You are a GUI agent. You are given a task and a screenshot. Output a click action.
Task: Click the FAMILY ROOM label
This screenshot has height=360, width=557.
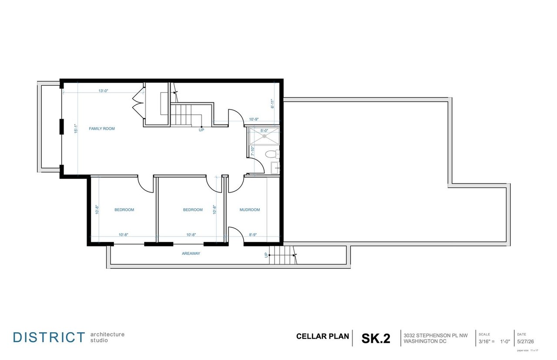click(102, 129)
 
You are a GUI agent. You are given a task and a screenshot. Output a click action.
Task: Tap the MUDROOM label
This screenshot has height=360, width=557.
click(250, 210)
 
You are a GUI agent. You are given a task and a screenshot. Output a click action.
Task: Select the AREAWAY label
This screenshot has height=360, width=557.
click(191, 253)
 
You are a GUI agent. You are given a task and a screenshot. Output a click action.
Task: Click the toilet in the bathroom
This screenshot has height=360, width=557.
click(272, 154)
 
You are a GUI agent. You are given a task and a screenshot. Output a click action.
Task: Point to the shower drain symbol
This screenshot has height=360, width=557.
click(264, 136)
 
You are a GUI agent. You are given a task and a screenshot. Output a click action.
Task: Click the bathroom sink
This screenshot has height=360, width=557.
click(275, 168)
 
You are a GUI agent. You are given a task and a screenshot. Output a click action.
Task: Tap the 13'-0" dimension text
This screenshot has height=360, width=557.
click(103, 91)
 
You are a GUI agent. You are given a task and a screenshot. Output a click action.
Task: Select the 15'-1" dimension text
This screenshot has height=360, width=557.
click(76, 129)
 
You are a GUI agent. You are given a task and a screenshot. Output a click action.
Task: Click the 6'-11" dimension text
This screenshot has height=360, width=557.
click(272, 104)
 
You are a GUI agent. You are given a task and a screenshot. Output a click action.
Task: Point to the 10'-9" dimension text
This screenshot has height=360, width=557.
click(254, 119)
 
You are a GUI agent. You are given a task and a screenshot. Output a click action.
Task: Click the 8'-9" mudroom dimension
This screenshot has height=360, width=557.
click(253, 235)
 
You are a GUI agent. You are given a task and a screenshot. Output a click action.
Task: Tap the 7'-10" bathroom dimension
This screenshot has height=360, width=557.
click(252, 151)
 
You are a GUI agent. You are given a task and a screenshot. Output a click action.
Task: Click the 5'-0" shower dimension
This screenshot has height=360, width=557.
click(264, 131)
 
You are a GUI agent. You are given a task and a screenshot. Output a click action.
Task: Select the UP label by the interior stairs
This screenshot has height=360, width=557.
click(201, 130)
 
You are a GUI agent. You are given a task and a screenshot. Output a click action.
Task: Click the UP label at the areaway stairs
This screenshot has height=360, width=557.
click(266, 255)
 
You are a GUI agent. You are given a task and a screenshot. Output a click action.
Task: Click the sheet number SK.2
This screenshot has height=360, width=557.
click(376, 338)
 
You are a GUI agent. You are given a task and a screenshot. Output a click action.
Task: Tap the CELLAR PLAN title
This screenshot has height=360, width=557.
click(322, 337)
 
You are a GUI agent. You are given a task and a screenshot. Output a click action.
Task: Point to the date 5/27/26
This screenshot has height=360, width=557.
click(525, 342)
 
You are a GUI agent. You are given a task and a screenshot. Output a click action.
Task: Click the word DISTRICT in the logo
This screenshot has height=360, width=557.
click(49, 337)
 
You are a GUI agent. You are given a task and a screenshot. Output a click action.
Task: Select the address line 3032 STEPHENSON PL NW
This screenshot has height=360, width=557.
click(436, 336)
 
